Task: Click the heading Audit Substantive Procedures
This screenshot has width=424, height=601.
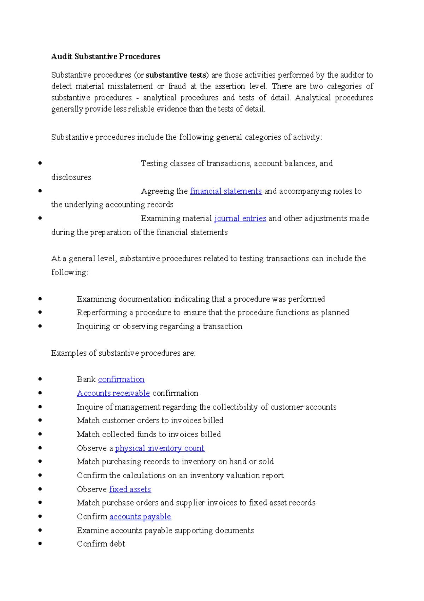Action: click(x=106, y=57)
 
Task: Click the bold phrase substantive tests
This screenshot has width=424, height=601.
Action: click(x=176, y=75)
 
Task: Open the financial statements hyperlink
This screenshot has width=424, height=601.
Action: click(x=226, y=191)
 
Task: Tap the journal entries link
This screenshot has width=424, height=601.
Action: click(x=240, y=218)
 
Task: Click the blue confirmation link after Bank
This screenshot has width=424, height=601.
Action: click(x=121, y=379)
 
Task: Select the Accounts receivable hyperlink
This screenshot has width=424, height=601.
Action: click(x=113, y=393)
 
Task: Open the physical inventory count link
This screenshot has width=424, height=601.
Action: click(x=160, y=448)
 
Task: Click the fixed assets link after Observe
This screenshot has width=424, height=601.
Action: click(x=130, y=489)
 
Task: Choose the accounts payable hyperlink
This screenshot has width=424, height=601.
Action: click(x=140, y=517)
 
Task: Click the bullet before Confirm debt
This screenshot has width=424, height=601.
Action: click(x=40, y=544)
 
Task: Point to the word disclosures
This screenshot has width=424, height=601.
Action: click(x=71, y=177)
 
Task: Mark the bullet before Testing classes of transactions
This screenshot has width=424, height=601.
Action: click(x=40, y=163)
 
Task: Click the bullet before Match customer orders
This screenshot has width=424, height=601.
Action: click(x=40, y=420)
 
